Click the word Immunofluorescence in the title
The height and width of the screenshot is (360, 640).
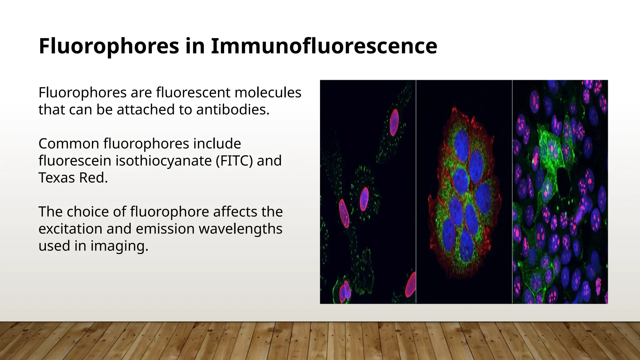324,46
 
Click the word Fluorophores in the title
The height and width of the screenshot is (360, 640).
109,46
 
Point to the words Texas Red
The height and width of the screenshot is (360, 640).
73,178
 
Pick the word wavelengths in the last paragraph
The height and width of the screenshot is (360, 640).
240,229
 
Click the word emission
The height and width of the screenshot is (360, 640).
165,229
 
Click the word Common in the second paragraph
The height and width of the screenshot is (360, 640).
69,144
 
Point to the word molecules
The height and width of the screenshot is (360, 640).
268,92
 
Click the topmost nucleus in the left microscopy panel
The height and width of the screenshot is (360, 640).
394,122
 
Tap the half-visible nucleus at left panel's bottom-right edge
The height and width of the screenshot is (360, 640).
411,285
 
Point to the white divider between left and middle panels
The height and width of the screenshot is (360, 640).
416,191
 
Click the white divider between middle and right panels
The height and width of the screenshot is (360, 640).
512,191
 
